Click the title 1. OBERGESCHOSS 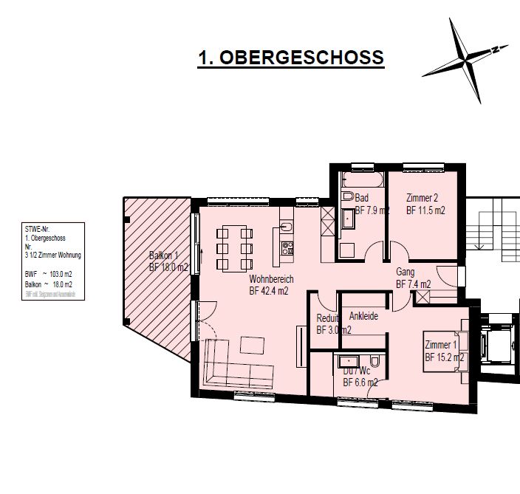coord(291,58)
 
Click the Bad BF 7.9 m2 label coord(371,205)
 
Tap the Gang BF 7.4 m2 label coord(413,278)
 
